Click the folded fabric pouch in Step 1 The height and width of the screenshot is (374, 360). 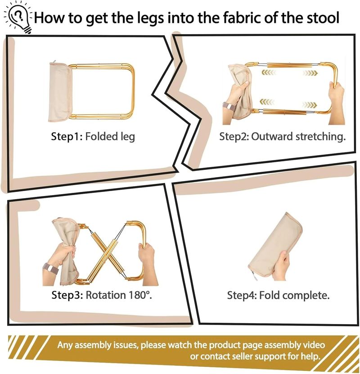point(59,93)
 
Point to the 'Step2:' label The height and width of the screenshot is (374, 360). point(234,137)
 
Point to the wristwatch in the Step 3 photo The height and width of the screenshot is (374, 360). point(50,269)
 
